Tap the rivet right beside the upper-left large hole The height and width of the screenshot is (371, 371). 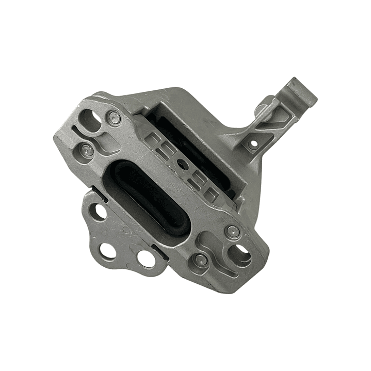115,118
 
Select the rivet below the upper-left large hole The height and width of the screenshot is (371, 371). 87,150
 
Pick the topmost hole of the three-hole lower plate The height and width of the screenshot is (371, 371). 98,211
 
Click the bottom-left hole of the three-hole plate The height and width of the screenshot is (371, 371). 107,251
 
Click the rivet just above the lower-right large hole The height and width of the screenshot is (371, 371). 233,231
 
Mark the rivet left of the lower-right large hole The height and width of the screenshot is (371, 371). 201,260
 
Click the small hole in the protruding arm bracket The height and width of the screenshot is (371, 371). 253,144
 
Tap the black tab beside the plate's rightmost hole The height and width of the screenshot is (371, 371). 160,254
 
